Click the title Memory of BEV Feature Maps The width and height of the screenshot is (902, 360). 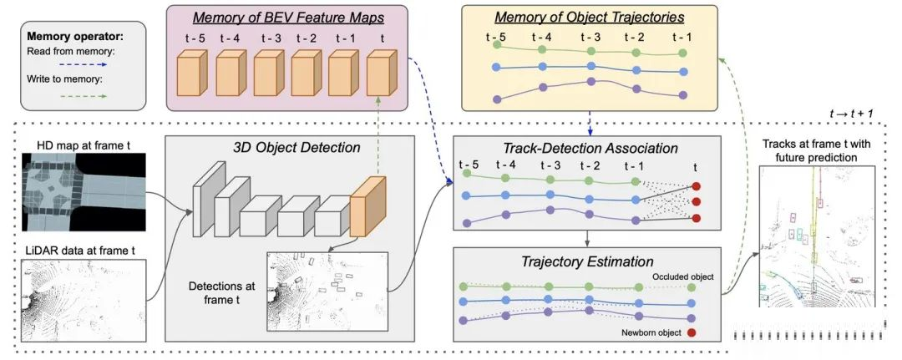coord(288,18)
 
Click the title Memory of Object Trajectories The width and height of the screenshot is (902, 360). coord(590,18)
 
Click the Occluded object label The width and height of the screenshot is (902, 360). coord(683,277)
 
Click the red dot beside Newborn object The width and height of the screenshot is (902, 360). coord(691,333)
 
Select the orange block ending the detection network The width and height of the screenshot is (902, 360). coord(367,207)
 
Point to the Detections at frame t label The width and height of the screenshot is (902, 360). coord(221,292)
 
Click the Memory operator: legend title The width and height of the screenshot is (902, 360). coord(75,38)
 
